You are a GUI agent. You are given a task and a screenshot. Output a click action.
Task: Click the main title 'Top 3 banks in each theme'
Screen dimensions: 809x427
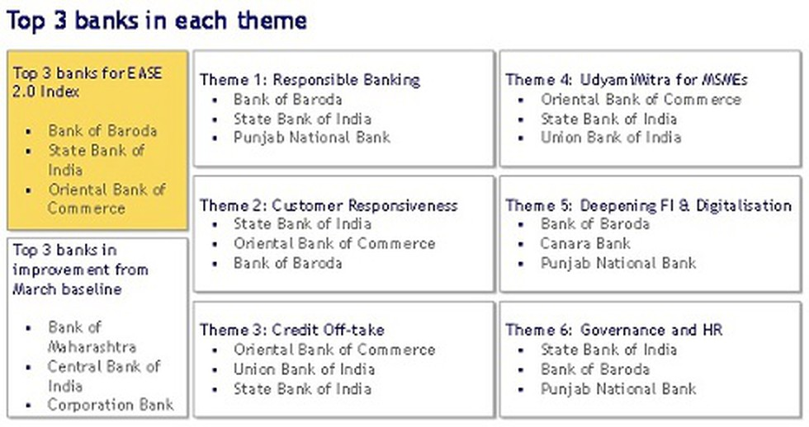click(156, 21)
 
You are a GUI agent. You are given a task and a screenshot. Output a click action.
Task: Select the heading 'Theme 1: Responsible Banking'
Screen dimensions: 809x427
click(310, 80)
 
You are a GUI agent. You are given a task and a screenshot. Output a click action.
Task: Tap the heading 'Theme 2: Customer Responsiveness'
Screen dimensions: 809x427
click(329, 205)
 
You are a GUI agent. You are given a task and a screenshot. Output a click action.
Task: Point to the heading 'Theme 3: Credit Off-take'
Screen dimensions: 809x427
click(292, 330)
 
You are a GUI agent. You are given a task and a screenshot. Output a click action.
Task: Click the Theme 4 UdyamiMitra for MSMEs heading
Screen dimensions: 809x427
click(627, 80)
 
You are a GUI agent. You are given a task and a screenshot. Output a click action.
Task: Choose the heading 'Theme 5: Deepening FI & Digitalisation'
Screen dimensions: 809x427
click(649, 205)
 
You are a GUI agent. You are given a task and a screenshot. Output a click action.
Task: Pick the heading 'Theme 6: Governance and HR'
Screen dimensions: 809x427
click(614, 330)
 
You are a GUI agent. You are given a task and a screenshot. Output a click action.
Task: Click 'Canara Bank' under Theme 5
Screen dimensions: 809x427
click(585, 243)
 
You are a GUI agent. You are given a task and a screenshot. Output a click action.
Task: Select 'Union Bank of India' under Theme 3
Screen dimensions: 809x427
click(304, 369)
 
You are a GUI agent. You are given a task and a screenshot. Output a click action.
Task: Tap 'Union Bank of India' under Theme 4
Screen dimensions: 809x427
click(611, 138)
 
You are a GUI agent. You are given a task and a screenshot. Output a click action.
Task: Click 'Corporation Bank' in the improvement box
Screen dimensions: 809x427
click(111, 405)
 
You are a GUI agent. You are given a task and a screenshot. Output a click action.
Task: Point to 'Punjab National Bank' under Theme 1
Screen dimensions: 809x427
click(312, 138)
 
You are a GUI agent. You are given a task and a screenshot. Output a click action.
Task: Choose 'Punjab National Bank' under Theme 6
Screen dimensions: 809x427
click(618, 389)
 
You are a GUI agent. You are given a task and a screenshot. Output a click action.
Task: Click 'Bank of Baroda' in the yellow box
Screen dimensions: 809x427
click(102, 131)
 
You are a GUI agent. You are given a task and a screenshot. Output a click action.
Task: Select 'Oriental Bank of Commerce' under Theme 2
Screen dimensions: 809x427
click(334, 243)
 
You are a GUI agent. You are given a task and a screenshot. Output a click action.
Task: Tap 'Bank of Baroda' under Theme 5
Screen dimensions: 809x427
click(594, 224)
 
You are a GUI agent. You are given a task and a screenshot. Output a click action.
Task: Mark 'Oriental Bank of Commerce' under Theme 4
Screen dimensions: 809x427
click(641, 100)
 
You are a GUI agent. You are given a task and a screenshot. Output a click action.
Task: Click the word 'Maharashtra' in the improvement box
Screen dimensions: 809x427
click(92, 347)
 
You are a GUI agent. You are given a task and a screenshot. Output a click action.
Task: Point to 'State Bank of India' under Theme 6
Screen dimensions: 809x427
click(608, 350)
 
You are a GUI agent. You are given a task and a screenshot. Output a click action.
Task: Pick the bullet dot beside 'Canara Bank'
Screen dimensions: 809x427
click(521, 244)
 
